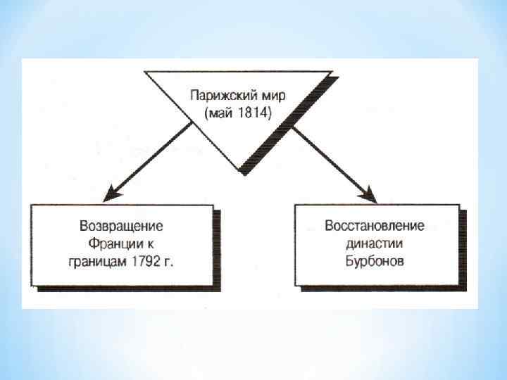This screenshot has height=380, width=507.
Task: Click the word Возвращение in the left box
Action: click(122, 227)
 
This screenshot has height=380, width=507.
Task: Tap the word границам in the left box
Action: click(99, 263)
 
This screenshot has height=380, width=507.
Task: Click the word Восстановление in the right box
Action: click(375, 227)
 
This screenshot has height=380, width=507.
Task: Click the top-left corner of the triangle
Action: click(146, 71)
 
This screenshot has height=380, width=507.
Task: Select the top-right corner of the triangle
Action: click(330, 71)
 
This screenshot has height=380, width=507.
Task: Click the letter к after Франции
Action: click(151, 245)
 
